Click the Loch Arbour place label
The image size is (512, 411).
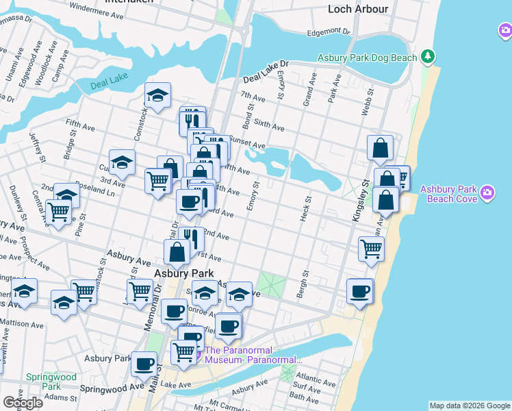[x=357, y=9]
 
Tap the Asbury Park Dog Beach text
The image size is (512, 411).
[x=368, y=58]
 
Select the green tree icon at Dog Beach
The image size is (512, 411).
[x=428, y=55]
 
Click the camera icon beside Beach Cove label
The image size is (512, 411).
[x=487, y=191]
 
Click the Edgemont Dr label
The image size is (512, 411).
[x=329, y=32]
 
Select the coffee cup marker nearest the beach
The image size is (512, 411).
[x=359, y=291]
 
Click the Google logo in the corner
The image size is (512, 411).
[x=22, y=402]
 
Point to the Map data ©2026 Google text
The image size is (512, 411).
[x=469, y=406]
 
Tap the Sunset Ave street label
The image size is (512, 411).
[x=247, y=144]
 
